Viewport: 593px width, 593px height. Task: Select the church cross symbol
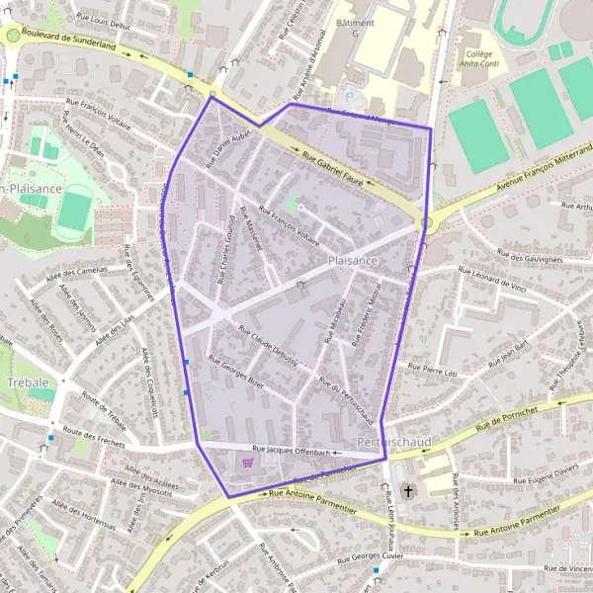click(408, 489)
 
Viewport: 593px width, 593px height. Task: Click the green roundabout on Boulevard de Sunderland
click(13, 36)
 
